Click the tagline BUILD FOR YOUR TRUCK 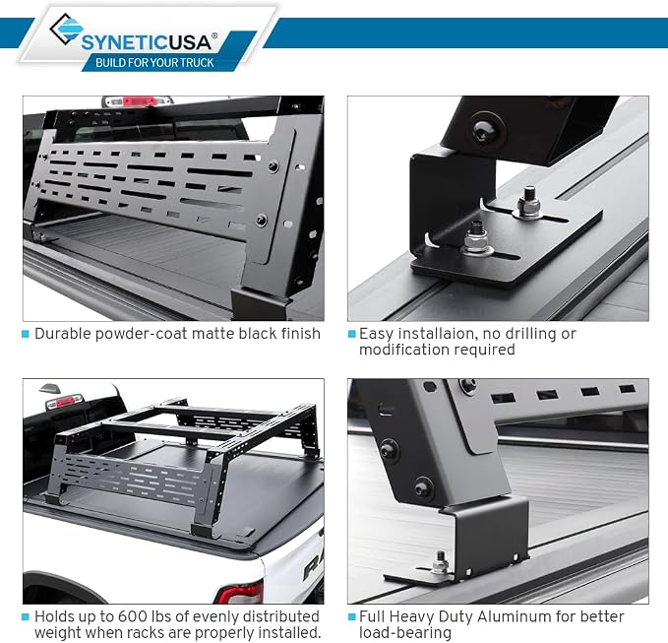[x=154, y=63]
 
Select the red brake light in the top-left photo [x=134, y=101]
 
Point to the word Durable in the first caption [x=63, y=334]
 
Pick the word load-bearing [x=405, y=633]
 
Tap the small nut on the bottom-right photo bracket [x=441, y=563]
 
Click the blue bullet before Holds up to [x=26, y=616]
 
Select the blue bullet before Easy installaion [x=351, y=334]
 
